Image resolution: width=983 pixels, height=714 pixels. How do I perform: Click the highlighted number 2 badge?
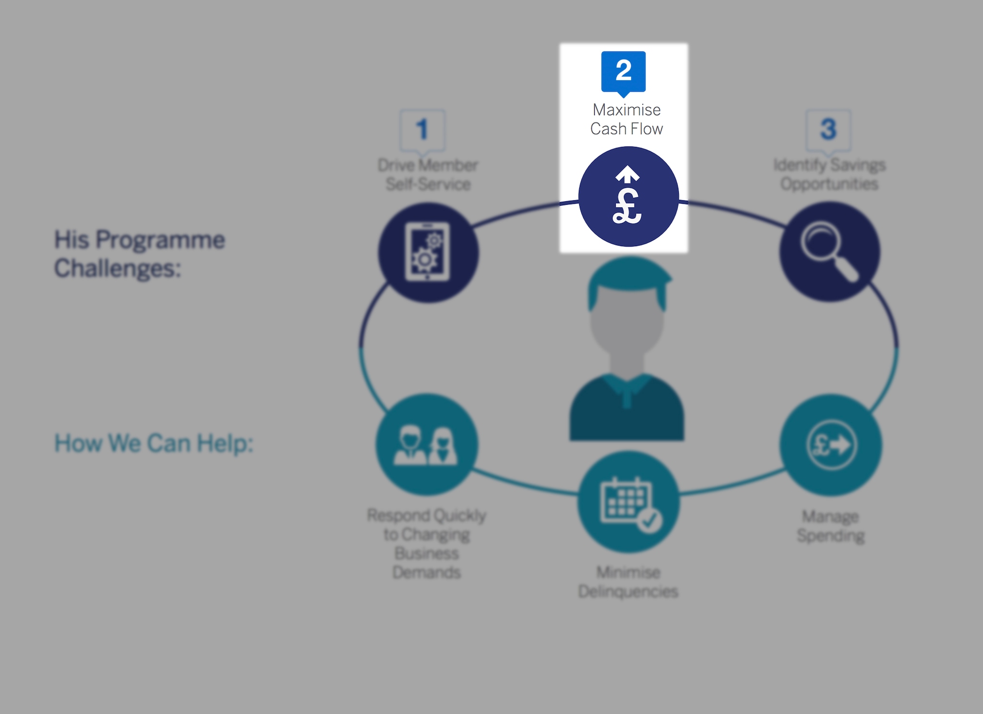coord(623,71)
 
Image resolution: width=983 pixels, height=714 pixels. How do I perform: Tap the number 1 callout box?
coord(422,129)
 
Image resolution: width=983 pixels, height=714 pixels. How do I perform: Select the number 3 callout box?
coord(828,129)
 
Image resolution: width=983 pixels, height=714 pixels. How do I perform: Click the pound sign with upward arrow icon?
coord(628,197)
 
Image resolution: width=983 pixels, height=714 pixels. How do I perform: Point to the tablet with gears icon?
coord(428,252)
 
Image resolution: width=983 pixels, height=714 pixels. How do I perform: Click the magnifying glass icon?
coord(829,251)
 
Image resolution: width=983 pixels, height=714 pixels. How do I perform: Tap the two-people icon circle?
coord(427,444)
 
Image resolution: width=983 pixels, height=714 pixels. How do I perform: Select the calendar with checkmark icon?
coord(628,502)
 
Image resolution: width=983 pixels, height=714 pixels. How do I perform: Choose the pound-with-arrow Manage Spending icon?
coord(830,444)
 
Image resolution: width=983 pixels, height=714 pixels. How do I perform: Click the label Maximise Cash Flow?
coord(626,119)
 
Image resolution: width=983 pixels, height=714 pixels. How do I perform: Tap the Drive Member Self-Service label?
coord(428,174)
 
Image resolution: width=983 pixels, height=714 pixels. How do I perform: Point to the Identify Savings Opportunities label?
coord(829,174)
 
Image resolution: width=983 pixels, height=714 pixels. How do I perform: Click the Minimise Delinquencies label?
coord(628,581)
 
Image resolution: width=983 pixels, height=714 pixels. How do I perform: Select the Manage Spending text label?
coord(830,526)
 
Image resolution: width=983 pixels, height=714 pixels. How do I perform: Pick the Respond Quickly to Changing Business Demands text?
coord(427,543)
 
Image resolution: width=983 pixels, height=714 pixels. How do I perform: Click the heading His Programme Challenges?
coord(139,253)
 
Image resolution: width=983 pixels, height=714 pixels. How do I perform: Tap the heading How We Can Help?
coord(154,443)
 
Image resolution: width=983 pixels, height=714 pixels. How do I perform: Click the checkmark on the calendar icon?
coord(650,520)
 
